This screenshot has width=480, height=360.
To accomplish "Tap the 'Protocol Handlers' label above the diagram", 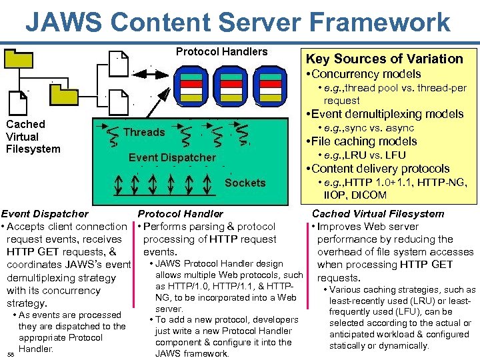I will point(221,52).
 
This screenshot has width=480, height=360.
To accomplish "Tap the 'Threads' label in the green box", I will point(143,132).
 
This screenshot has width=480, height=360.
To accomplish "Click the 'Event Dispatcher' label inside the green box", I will point(172,158).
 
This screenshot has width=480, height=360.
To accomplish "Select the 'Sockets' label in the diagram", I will point(245,183).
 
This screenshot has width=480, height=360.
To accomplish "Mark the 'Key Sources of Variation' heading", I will point(383,59).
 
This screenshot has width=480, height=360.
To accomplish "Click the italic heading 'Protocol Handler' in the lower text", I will point(180,214).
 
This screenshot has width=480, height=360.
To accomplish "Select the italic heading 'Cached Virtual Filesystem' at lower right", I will point(377,214).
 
